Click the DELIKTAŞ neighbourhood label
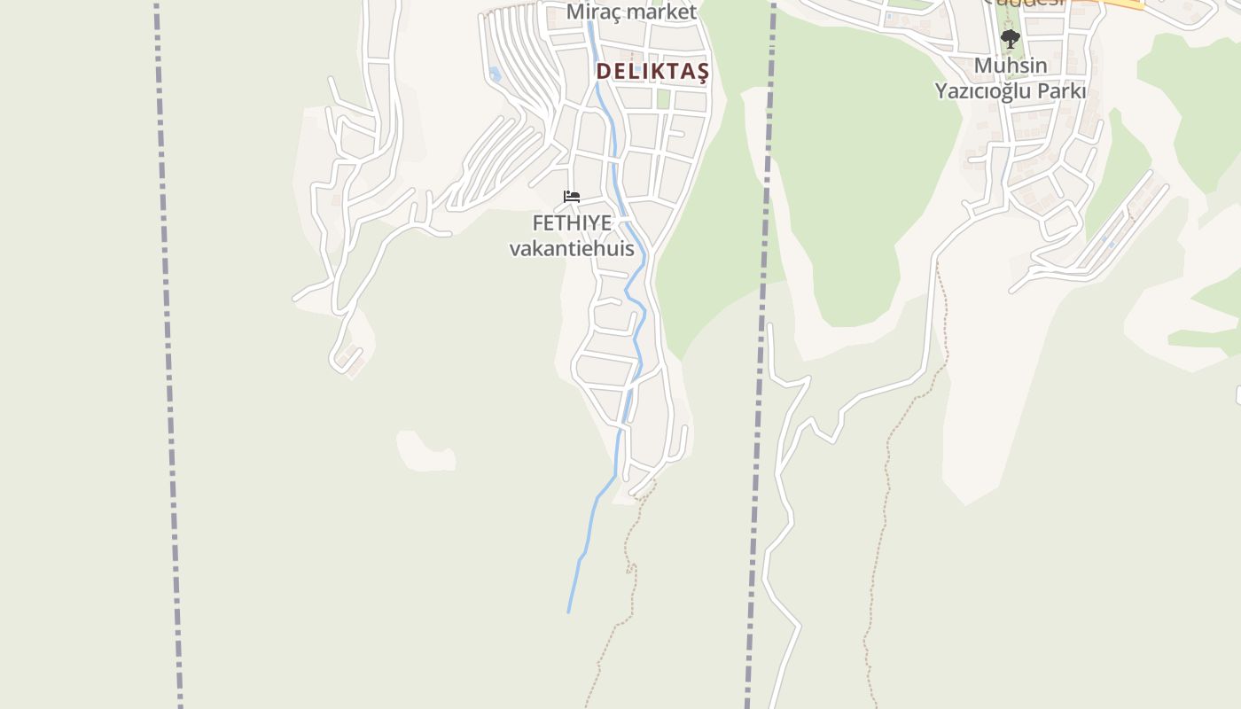pyautogui.click(x=652, y=72)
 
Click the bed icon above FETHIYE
pyautogui.click(x=572, y=196)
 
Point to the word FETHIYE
pyautogui.click(x=572, y=223)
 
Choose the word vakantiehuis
pyautogui.click(x=572, y=248)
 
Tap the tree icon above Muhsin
pyautogui.click(x=1010, y=39)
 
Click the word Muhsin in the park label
pyautogui.click(x=1011, y=66)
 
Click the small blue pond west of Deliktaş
pyautogui.click(x=495, y=75)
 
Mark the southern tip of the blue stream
pyautogui.click(x=568, y=611)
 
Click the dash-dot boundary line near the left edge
pyautogui.click(x=168, y=354)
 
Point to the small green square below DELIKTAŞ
pyautogui.click(x=663, y=98)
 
